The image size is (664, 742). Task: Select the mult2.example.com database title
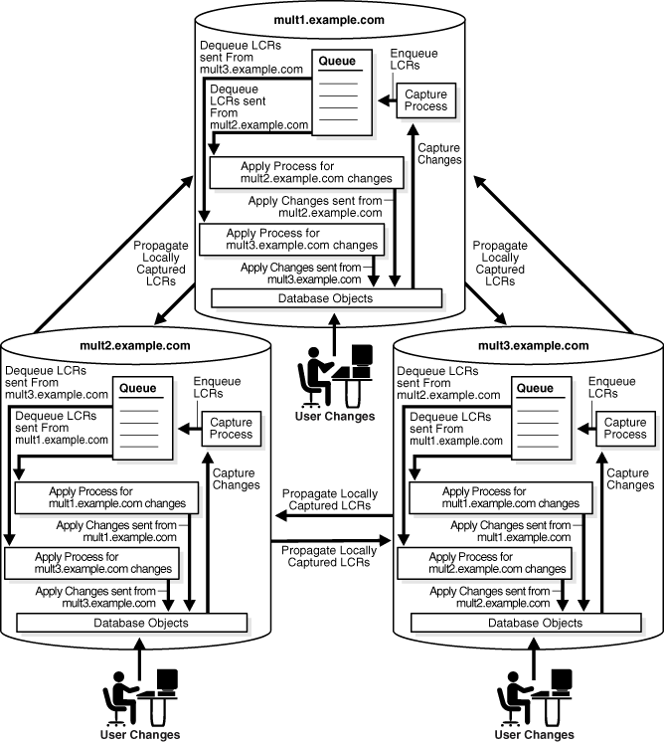134,346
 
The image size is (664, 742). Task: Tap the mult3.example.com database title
527,346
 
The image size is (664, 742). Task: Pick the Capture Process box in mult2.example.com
232,429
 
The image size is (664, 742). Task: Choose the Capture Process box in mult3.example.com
624,429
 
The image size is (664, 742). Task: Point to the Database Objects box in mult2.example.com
131,623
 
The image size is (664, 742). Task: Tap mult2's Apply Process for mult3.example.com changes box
94,563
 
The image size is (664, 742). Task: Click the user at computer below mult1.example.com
336,372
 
